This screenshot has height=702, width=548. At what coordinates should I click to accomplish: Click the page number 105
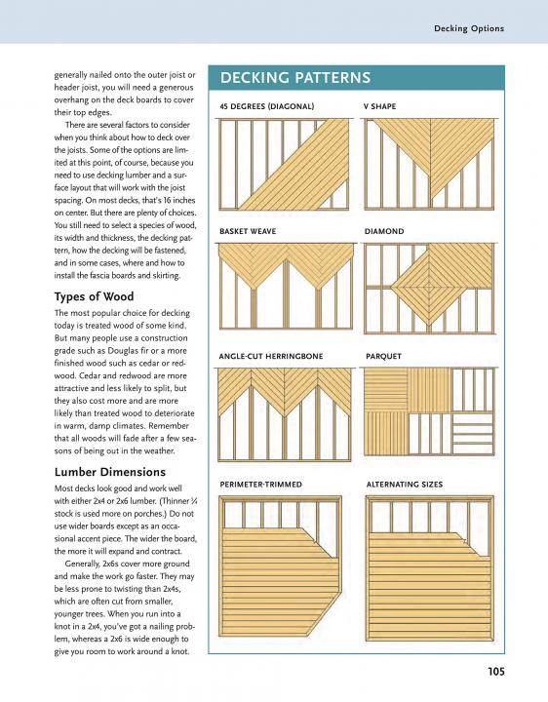pos(496,672)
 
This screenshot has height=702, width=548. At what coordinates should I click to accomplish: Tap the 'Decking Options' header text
pos(469,28)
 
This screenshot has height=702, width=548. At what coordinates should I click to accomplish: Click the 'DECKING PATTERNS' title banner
pos(356,77)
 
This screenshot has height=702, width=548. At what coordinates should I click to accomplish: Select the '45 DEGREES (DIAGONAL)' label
pos(267,106)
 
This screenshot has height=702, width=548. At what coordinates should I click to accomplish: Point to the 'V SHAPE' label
pos(379,106)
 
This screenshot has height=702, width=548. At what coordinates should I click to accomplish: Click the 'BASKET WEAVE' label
pos(248,231)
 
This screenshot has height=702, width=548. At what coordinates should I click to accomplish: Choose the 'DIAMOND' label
pos(384,231)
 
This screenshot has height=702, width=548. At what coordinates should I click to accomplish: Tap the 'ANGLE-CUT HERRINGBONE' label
pos(271,357)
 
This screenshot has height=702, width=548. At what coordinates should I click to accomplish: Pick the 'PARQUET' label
pos(383,357)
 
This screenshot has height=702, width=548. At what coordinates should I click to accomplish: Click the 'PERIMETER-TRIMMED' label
pos(261,485)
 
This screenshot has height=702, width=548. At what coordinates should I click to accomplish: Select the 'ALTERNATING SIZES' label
pos(405,485)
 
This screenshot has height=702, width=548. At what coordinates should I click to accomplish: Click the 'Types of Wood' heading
pos(94,296)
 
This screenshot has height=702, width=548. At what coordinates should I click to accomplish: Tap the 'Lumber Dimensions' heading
pos(110,472)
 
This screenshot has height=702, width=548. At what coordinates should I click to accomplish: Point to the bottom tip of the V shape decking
pos(430,198)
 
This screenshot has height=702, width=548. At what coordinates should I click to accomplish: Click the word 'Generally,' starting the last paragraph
pos(83,565)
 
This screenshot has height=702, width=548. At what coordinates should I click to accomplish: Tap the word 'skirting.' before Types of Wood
pos(165,276)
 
